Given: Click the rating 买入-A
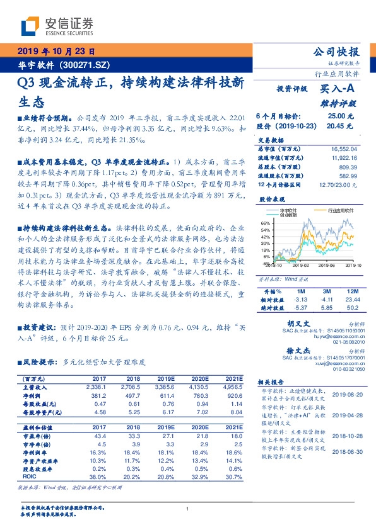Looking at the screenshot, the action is coord(338,90).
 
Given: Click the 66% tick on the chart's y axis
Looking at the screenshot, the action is coord(266,223).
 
